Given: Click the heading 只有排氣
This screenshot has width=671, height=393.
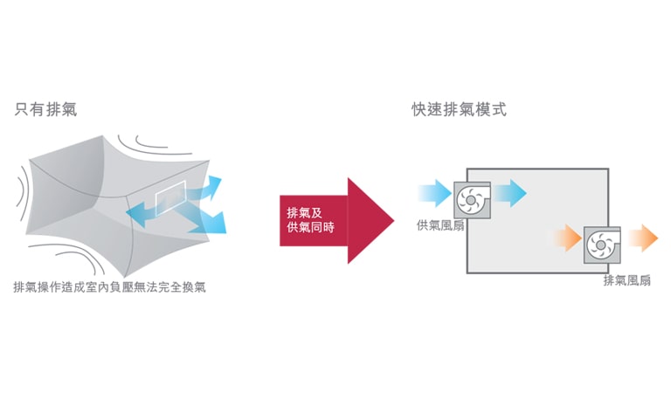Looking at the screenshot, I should click(45, 110).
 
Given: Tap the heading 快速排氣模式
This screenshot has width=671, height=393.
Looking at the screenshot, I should click(459, 110).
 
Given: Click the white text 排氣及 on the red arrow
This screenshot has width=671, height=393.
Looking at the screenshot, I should click(304, 213).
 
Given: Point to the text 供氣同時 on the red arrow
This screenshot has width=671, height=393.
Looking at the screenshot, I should click(310, 228).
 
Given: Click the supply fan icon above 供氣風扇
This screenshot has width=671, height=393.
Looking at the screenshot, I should click(473, 199).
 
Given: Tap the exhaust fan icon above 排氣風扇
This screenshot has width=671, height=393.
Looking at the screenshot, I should click(602, 245).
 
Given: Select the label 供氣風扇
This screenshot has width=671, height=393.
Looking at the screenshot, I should click(440, 225).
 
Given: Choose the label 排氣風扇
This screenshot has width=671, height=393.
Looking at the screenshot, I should click(626, 280).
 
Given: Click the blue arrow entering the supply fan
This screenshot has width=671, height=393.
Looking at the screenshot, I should click(434, 192).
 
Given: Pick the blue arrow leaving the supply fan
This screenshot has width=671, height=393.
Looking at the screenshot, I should click(510, 192).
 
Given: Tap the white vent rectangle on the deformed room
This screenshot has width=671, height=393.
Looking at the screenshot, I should click(170, 197).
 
